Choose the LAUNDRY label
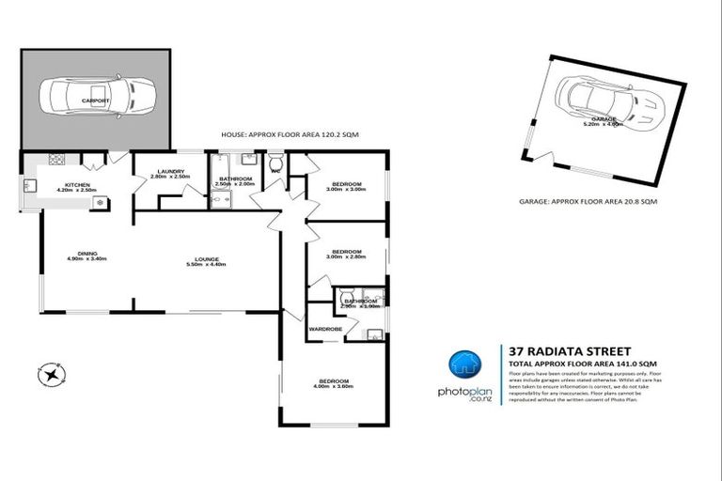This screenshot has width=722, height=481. pos(170,171)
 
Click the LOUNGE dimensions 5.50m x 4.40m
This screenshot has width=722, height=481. pos(206,265)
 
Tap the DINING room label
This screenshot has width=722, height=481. pos(88,252)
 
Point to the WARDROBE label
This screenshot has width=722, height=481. pos(325,330)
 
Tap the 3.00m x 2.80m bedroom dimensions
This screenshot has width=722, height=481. pos(346,256)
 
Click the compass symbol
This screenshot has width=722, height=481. pos(50,374)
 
